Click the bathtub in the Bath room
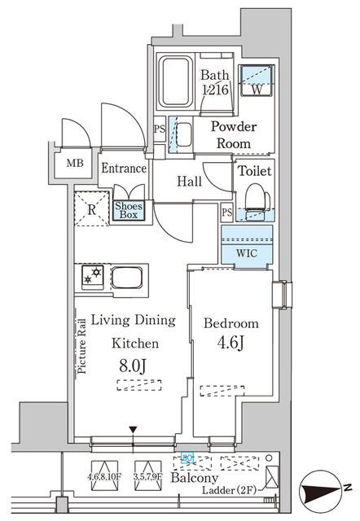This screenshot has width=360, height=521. [177, 82]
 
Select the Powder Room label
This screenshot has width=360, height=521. [234, 134]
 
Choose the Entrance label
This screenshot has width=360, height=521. [123, 169]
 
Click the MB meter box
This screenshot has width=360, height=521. [75, 163]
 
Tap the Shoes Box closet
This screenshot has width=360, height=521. [129, 210]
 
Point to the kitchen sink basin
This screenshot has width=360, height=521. [128, 278]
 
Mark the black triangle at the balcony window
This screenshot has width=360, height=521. [134, 429]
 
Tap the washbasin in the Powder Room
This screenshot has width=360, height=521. [184, 134]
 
